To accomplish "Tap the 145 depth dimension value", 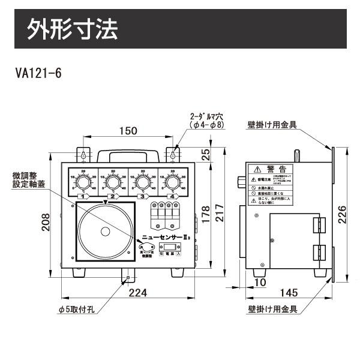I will tap(289, 293).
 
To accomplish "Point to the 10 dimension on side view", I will tap(259, 282).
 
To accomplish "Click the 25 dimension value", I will tap(206, 155).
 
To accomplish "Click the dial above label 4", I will tap(172, 182).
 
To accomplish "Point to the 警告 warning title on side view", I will tap(280, 169).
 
